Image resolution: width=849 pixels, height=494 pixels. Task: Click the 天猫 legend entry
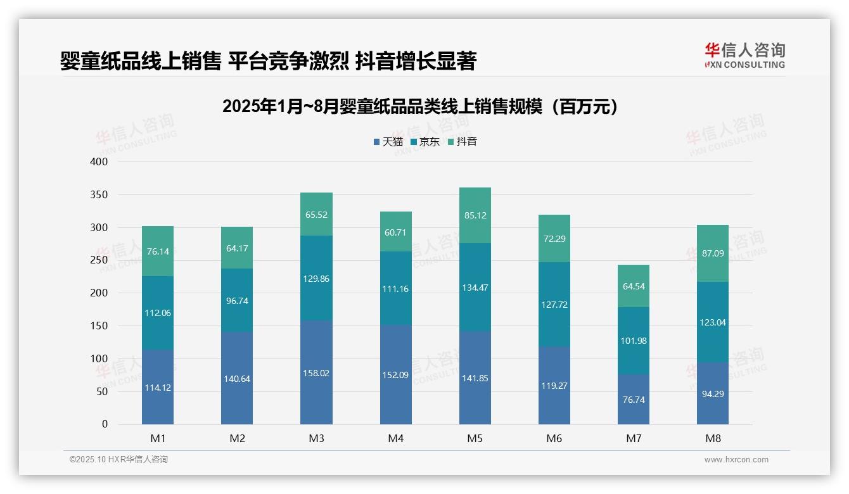[x=388, y=142]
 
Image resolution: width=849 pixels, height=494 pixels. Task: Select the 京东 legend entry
[x=425, y=142]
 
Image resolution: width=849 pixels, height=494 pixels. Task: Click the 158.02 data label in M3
[x=316, y=374]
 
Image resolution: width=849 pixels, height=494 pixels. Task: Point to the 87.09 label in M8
[x=713, y=253]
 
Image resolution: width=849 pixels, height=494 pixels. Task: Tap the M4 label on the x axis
[x=395, y=439]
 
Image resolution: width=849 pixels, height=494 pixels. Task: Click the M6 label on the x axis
[x=554, y=439]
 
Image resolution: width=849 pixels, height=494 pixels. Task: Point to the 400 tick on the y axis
[x=100, y=162]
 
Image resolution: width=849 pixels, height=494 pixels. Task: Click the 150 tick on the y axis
[x=100, y=326]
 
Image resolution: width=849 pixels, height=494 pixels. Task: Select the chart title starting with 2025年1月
[x=420, y=107]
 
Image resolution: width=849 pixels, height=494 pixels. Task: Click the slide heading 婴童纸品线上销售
[x=267, y=61]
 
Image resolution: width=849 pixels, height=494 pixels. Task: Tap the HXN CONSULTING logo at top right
[x=744, y=56]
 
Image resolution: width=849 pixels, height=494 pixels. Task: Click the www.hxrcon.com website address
[x=736, y=460]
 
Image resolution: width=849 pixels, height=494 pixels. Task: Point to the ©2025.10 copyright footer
[x=118, y=460]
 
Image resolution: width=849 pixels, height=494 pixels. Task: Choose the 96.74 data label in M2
[x=237, y=301]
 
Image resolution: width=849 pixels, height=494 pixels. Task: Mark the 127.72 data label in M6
[x=554, y=305]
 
